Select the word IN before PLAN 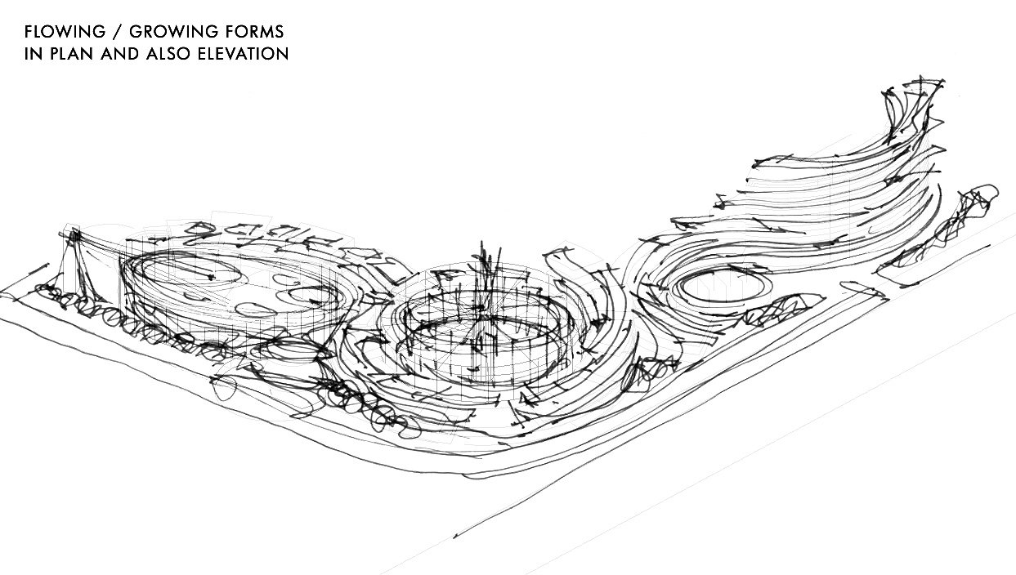31,55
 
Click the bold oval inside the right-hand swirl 718,287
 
